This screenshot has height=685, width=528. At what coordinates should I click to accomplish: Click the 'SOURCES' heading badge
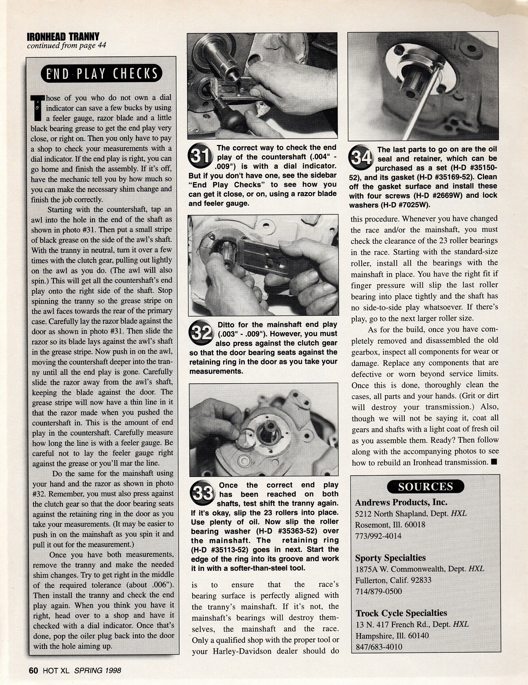click(425, 486)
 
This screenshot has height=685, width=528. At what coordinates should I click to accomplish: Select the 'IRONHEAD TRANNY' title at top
click(63, 37)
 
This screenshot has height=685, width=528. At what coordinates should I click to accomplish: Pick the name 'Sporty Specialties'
click(390, 558)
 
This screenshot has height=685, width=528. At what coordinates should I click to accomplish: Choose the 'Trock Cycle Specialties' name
click(401, 613)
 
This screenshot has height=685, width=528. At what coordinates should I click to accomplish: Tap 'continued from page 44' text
click(66, 45)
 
